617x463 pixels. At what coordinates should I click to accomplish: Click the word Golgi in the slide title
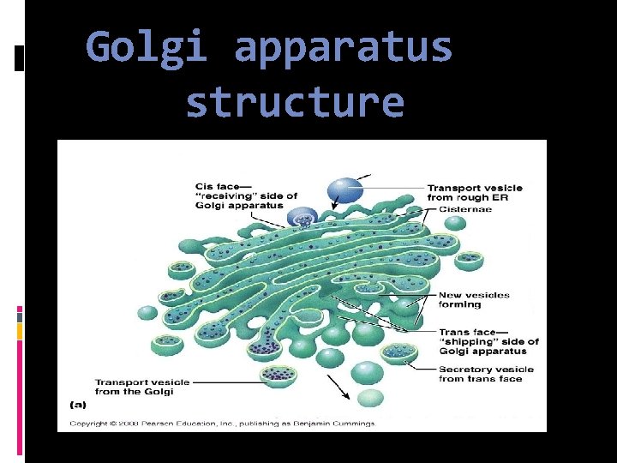tap(147, 48)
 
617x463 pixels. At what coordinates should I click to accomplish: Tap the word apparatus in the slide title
tap(343, 48)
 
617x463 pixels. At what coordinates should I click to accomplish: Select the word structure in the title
tap(294, 102)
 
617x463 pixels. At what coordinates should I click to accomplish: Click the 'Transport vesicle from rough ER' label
tap(474, 193)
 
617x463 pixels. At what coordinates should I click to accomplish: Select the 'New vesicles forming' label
tap(474, 299)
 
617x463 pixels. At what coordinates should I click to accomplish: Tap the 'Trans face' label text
tap(468, 332)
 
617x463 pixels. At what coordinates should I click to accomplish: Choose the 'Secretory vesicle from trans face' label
tap(485, 374)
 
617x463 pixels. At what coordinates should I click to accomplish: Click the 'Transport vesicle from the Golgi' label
tap(142, 387)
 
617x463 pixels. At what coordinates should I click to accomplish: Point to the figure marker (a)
tap(77, 403)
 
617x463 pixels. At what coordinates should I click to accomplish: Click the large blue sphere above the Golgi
tap(346, 189)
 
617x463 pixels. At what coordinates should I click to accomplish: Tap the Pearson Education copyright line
tap(221, 424)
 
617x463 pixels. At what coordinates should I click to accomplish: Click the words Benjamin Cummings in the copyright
tap(340, 424)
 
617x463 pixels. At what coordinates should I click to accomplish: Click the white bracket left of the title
tap(20, 57)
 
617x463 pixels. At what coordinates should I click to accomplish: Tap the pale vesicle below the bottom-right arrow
tap(370, 397)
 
